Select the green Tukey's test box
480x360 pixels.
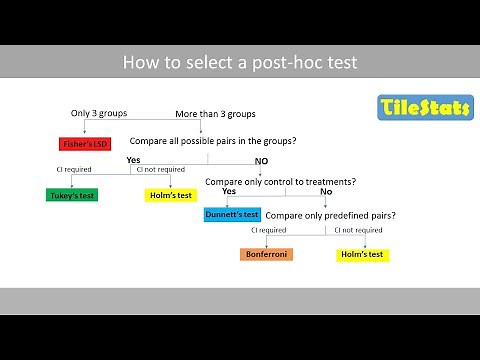point(72,194)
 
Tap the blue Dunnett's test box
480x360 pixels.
point(232,214)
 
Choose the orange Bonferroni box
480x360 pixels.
point(267,254)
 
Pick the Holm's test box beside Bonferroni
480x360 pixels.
point(362,254)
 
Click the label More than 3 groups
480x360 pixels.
point(215,114)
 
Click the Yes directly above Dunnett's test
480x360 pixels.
point(228,191)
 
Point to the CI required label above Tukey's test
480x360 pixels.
point(74,171)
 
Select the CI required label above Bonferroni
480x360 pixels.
point(268,231)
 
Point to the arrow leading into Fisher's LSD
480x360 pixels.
point(82,130)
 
